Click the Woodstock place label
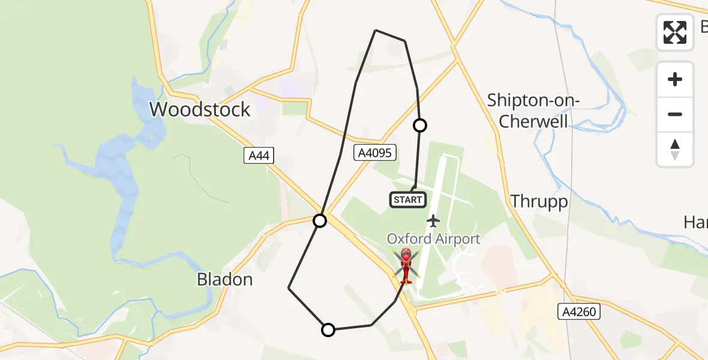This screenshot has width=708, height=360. (200, 110)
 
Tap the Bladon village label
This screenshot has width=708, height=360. (225, 280)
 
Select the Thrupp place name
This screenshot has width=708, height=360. (539, 202)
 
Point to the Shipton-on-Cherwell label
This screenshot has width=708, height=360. (533, 110)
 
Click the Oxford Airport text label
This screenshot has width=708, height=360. (433, 239)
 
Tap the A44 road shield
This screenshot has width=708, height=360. (260, 156)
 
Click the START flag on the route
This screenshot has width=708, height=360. (408, 199)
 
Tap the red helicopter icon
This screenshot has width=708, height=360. (406, 265)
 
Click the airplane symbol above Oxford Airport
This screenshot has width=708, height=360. (433, 221)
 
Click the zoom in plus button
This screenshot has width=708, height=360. (675, 79)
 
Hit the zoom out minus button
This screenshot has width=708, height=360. (675, 114)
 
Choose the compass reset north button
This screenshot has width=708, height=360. (675, 149)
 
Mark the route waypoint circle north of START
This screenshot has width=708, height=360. (420, 125)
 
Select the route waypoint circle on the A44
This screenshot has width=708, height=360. (320, 221)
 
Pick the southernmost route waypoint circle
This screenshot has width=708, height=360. (328, 329)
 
